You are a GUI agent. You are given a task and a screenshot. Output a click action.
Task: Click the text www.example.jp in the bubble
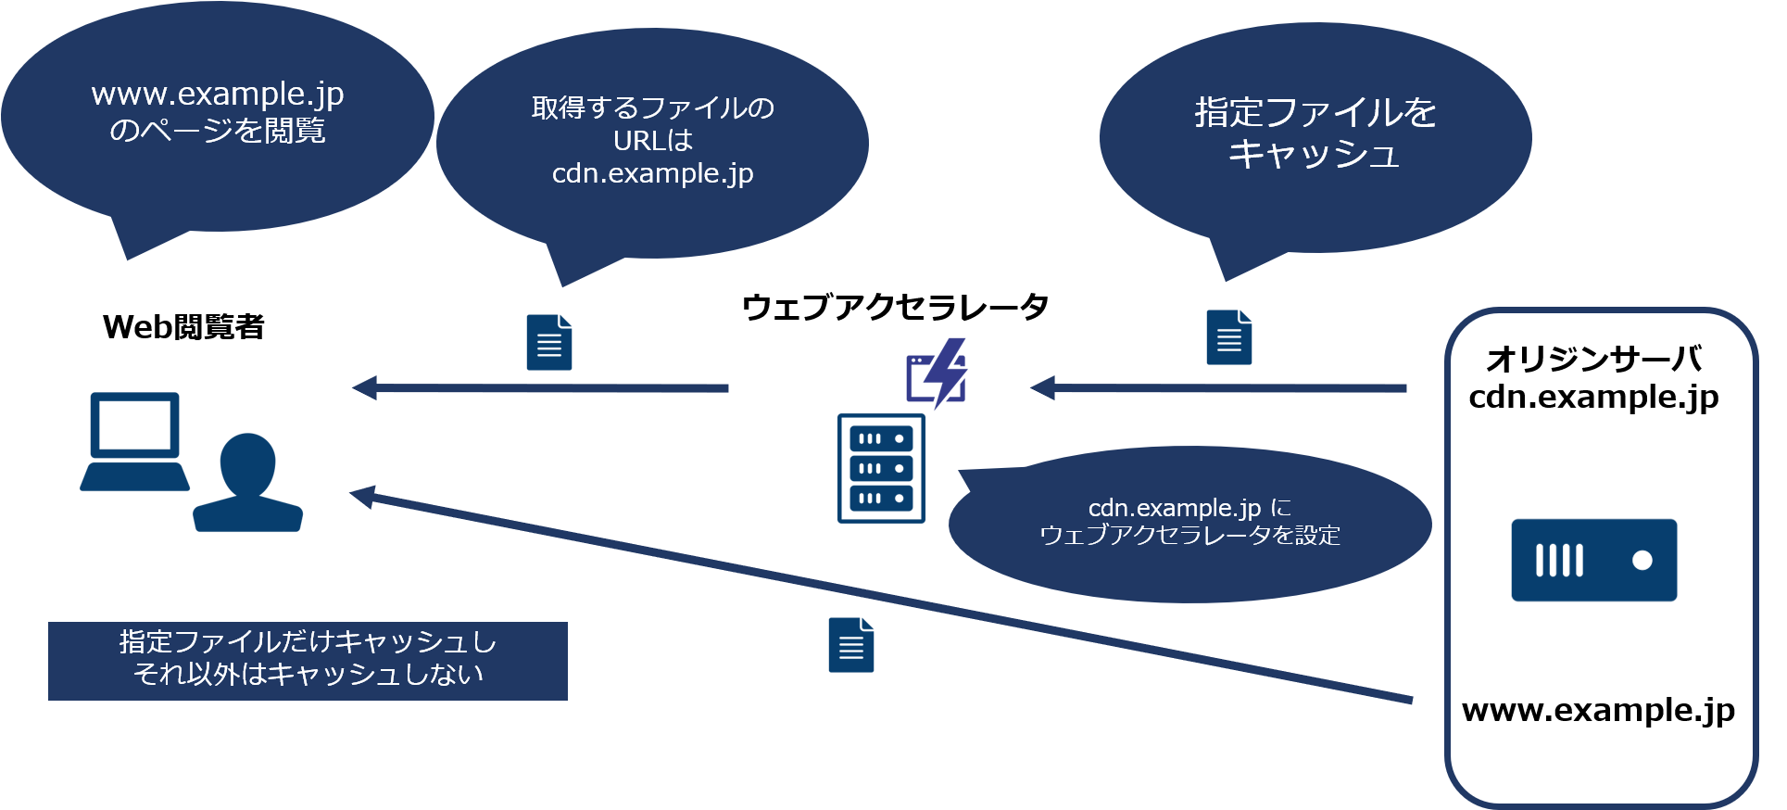click(x=218, y=95)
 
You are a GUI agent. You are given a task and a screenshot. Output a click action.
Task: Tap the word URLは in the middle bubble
click(x=652, y=141)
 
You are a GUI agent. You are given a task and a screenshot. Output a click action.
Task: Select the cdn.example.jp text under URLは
click(x=652, y=173)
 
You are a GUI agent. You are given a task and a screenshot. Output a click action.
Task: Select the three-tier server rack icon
click(x=881, y=468)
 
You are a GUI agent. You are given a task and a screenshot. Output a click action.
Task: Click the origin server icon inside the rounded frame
click(x=1593, y=560)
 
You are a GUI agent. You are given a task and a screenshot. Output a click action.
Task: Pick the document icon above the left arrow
click(x=548, y=342)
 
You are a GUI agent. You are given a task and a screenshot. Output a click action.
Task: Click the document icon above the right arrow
click(x=1228, y=336)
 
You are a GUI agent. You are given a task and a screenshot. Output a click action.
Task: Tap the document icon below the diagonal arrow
click(x=850, y=644)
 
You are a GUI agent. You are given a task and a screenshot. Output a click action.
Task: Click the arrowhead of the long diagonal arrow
click(x=362, y=496)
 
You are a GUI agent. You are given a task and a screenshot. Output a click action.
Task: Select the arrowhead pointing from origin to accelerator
click(x=1042, y=387)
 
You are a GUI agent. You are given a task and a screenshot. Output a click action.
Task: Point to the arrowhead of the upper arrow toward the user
click(x=364, y=387)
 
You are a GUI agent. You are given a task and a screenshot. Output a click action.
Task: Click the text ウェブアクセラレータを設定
click(x=1189, y=536)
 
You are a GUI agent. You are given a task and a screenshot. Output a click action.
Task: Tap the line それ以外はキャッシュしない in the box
click(x=308, y=674)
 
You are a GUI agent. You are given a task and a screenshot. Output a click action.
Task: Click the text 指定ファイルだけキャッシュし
click(x=308, y=641)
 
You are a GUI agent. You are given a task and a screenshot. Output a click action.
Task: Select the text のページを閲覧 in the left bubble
click(x=218, y=131)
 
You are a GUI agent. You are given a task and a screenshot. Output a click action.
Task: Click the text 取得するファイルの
click(x=652, y=108)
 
